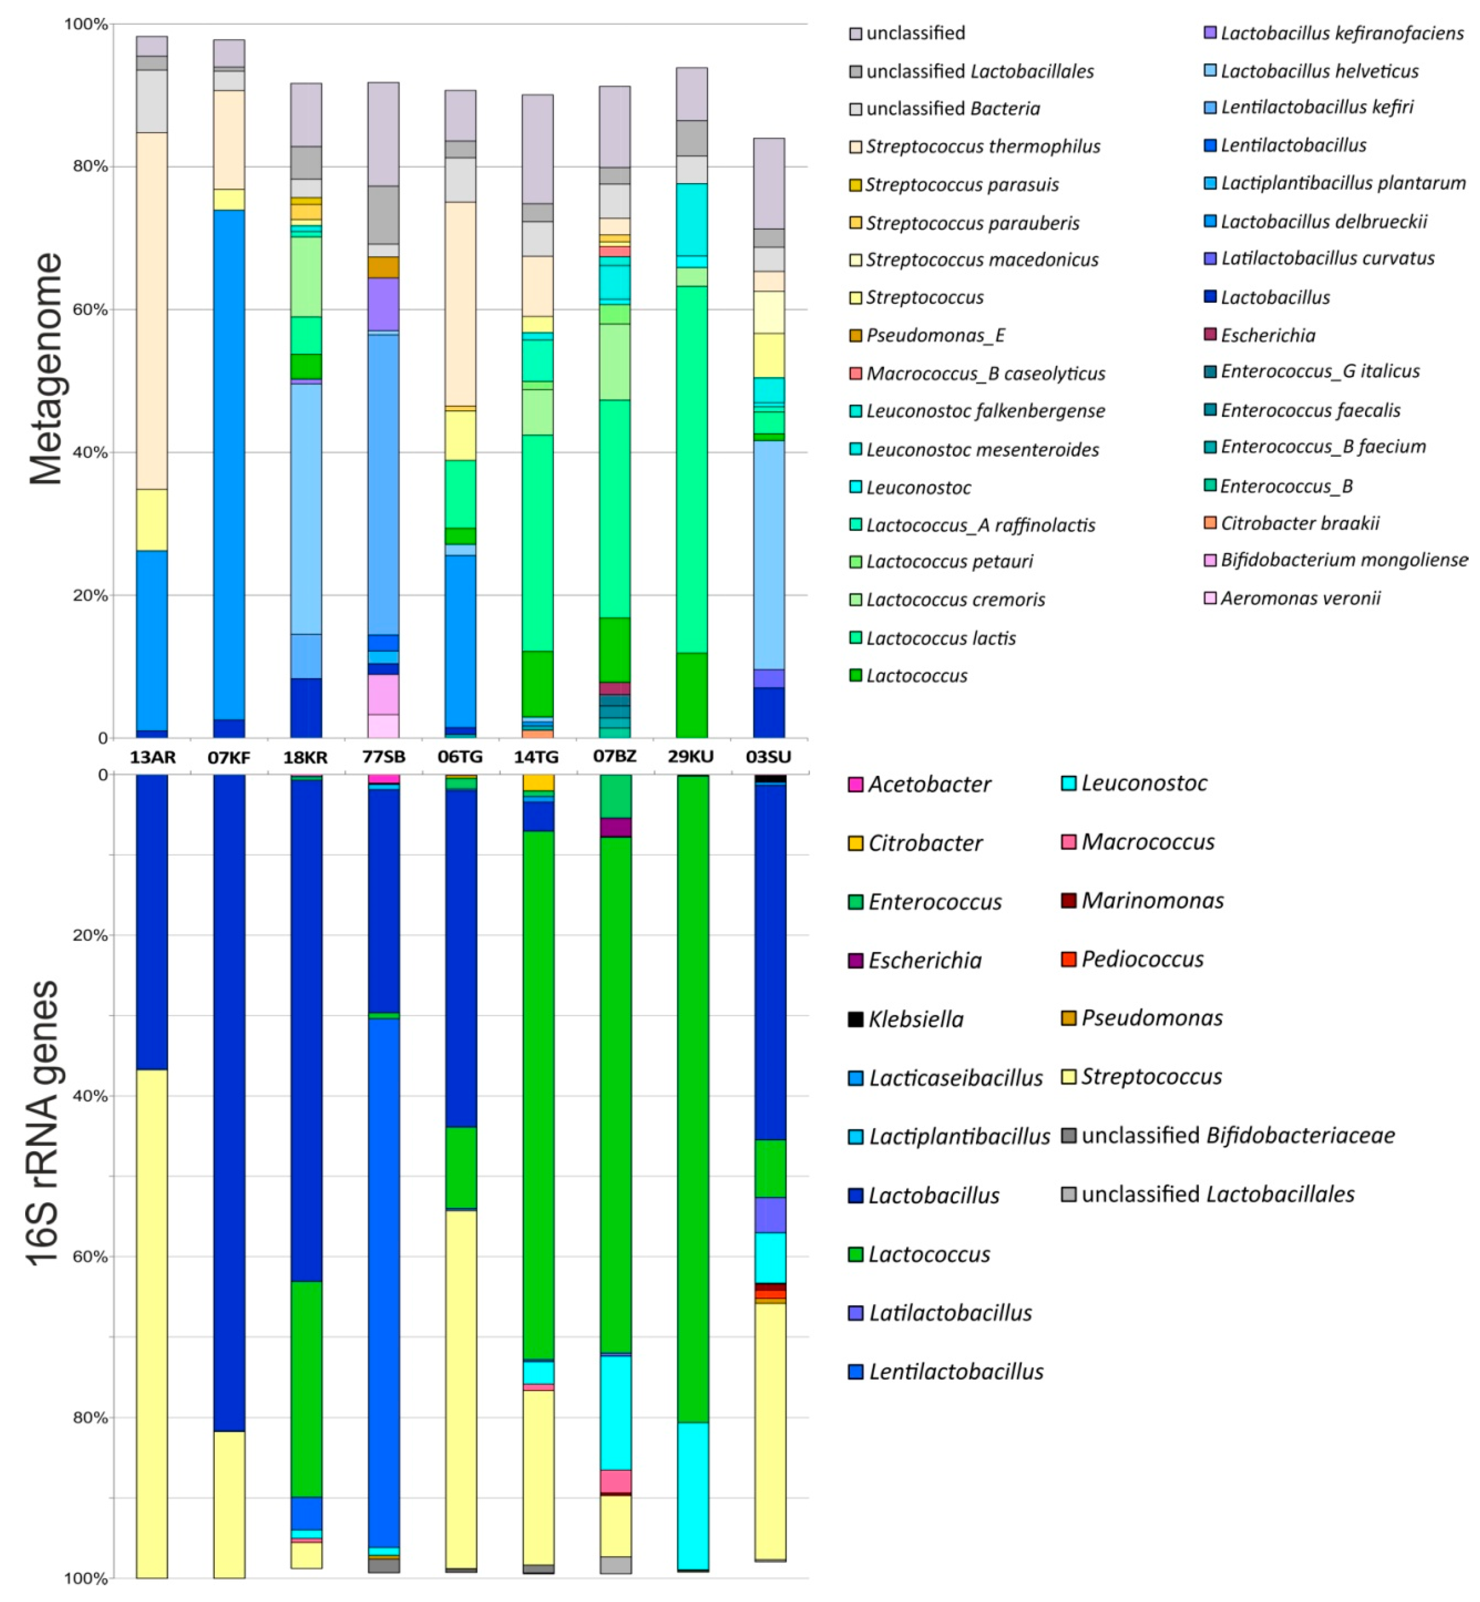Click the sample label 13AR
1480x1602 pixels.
click(152, 756)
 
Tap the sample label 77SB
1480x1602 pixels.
click(384, 756)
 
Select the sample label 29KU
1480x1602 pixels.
click(691, 756)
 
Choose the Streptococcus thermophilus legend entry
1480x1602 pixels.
click(983, 146)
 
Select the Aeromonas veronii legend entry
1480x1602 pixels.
click(1300, 598)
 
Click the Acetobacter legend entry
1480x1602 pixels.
click(929, 785)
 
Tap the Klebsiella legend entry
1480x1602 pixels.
click(915, 1019)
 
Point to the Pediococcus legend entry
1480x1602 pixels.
click(1142, 959)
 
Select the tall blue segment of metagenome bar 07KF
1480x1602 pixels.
click(229, 465)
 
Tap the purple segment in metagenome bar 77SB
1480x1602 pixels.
click(384, 304)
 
